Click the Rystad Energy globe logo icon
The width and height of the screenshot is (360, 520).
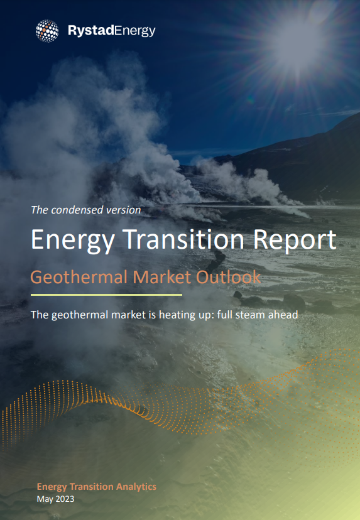click(x=48, y=31)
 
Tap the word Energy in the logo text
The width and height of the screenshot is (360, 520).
click(x=134, y=31)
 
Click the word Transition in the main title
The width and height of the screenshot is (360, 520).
click(x=183, y=239)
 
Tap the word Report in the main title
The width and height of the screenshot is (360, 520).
click(x=295, y=240)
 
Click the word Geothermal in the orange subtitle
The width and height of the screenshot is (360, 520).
click(x=79, y=277)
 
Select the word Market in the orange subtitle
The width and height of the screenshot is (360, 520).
click(x=162, y=277)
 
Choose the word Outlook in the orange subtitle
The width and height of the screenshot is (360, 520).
click(x=228, y=277)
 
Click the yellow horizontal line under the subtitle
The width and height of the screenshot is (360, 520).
click(x=106, y=295)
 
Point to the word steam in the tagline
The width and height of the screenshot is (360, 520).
click(x=250, y=315)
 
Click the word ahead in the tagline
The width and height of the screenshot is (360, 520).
click(x=283, y=315)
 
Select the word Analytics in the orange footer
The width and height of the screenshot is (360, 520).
click(x=136, y=487)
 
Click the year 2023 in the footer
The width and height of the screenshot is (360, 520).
click(x=65, y=499)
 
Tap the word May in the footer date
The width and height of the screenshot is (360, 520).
click(x=45, y=499)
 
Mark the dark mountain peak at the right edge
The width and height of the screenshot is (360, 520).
click(x=355, y=116)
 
